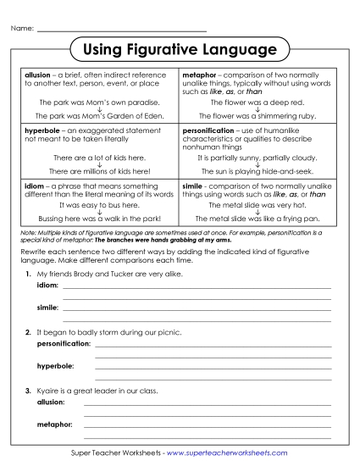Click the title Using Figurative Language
(x=180, y=51)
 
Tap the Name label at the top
(x=22, y=30)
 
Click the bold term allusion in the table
(x=38, y=75)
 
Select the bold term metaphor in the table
(x=200, y=75)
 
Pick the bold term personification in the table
(x=208, y=131)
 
